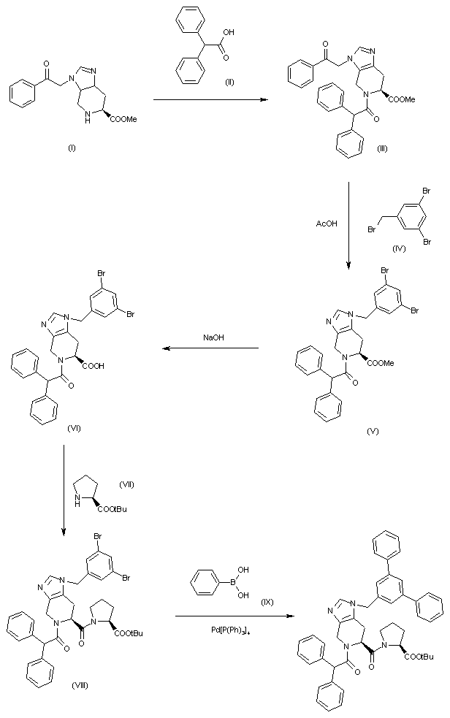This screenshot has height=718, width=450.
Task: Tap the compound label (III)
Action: coord(383,148)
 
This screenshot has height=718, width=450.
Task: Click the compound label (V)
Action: coord(373,432)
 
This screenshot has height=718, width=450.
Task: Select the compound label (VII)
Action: coord(126,485)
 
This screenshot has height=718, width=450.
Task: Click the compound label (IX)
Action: coord(267,600)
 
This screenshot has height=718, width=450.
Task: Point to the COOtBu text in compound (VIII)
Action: coord(128,633)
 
